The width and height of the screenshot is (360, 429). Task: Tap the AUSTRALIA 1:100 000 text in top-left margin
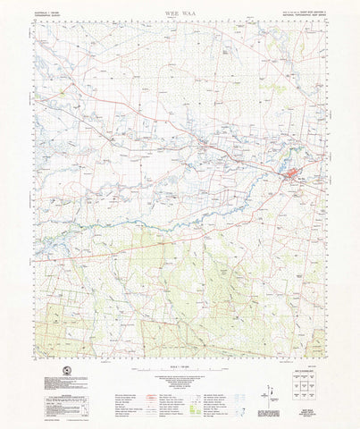pyautogui.click(x=46, y=13)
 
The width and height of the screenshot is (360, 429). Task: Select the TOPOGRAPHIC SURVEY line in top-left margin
pyautogui.click(x=44, y=16)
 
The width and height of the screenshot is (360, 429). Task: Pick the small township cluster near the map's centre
pyautogui.click(x=204, y=143)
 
